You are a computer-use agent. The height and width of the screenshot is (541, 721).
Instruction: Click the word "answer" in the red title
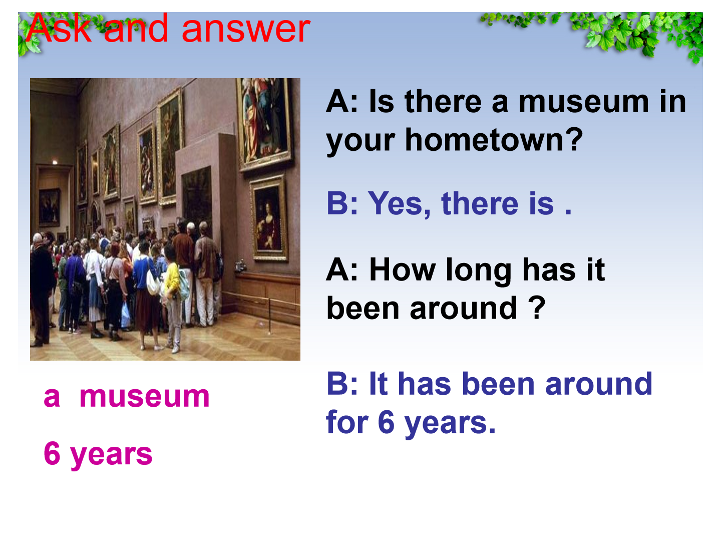point(246,30)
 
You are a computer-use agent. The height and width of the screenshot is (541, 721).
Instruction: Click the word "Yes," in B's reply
point(399,204)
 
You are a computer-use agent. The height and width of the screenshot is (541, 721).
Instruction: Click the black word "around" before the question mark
point(464,309)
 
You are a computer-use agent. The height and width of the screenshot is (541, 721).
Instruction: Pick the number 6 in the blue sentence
point(386,422)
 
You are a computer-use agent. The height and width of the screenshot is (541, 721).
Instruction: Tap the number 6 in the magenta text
point(52,454)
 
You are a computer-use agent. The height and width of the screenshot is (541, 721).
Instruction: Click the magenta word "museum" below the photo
point(145,397)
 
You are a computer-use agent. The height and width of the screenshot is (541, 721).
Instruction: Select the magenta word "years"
point(111,456)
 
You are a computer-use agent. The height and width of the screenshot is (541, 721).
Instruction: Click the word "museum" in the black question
point(583,102)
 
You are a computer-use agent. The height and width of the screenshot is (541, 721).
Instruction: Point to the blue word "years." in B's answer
point(450,424)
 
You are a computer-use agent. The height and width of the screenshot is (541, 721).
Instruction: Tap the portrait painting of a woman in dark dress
point(268,218)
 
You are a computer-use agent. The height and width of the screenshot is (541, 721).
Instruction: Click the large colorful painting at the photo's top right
point(264,123)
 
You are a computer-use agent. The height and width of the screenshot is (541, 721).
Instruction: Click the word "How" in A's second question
point(403,270)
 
